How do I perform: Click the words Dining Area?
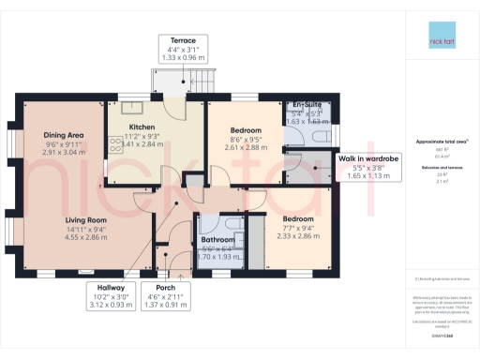tap(64, 135)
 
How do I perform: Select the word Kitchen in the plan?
tap(142, 126)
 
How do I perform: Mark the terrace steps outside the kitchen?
tap(207, 83)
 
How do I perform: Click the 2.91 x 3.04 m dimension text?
tap(64, 152)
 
